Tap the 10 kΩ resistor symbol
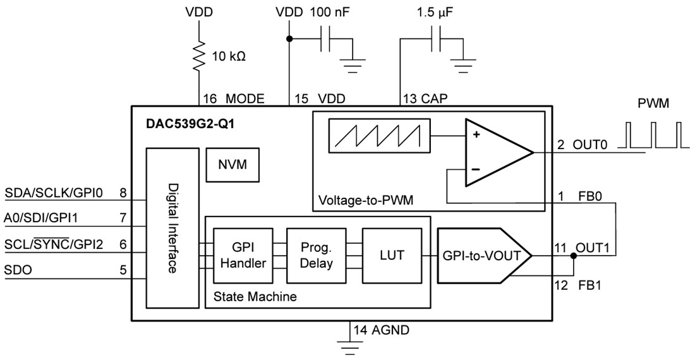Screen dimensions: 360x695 [201, 56]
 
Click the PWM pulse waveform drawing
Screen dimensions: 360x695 [653, 138]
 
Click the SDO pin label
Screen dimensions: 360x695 [19, 270]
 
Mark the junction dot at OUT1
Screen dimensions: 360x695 [574, 256]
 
